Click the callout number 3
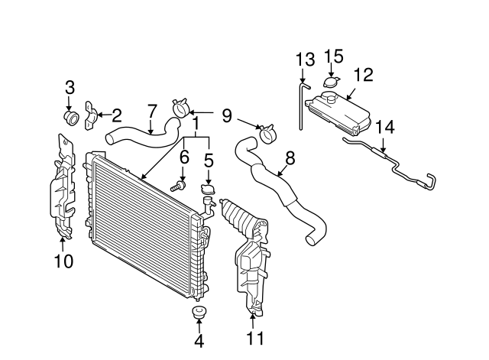(70, 87)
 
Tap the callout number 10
(63, 261)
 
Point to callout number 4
(199, 342)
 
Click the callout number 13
(304, 59)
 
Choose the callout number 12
(364, 74)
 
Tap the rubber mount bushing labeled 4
(199, 313)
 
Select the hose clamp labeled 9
(267, 135)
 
